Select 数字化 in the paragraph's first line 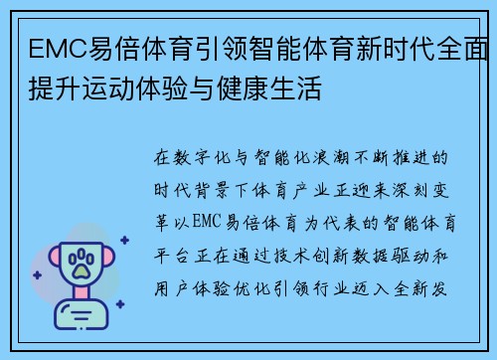click(x=203, y=158)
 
